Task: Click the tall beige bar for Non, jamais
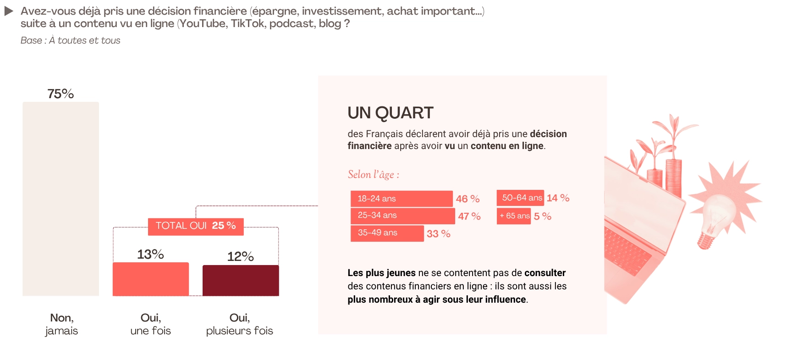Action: (60, 199)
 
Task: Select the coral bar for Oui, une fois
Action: (151, 279)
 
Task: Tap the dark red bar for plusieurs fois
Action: (241, 280)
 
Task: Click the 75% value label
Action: (60, 94)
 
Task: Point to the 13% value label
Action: (150, 254)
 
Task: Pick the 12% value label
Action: (240, 256)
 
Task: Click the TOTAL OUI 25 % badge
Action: (196, 226)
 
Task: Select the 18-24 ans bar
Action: (401, 199)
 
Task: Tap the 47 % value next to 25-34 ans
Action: (469, 216)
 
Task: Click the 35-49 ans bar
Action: (387, 233)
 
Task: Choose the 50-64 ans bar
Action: (520, 198)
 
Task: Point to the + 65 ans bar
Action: (514, 216)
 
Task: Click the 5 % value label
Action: (543, 216)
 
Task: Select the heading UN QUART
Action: (390, 113)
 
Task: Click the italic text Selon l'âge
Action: (373, 175)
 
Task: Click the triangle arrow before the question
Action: (9, 11)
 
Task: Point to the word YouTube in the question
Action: (203, 23)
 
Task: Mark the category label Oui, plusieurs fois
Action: (239, 324)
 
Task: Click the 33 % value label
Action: (439, 234)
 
